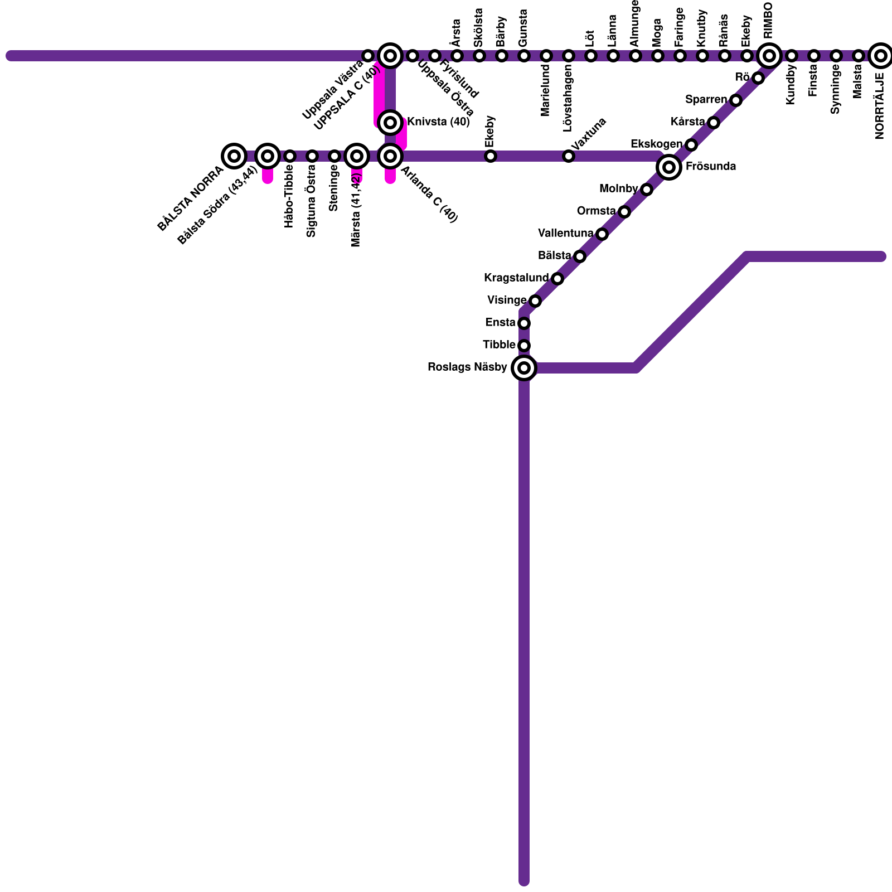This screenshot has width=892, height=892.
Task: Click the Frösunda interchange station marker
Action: pos(669,167)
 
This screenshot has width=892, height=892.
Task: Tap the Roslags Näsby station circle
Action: pos(524,368)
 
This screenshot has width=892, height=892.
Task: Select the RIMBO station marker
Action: pos(769,56)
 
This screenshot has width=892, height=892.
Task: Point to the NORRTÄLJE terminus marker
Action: pos(881,56)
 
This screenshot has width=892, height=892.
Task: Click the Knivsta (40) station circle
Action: pos(390,122)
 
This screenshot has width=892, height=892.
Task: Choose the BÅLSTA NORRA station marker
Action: pos(234,156)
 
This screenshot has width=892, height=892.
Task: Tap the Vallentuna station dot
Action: pos(602,234)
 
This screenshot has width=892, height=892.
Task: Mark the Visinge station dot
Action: pos(535,301)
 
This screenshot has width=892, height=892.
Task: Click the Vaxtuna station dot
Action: pos(569,156)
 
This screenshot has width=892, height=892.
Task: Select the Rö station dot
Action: pos(758,78)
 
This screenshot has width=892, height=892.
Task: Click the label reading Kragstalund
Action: pos(516,278)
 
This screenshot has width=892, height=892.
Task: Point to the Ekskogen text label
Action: pos(656,144)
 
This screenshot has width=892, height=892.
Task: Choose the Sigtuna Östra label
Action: pos(311,201)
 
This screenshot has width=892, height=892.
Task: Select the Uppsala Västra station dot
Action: pos(368,56)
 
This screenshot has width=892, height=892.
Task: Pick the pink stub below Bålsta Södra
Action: pos(268,176)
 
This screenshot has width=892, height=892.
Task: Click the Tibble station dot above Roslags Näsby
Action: pos(524,346)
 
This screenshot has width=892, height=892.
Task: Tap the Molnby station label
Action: pos(618,189)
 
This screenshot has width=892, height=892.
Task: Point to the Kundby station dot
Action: pos(792,56)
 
